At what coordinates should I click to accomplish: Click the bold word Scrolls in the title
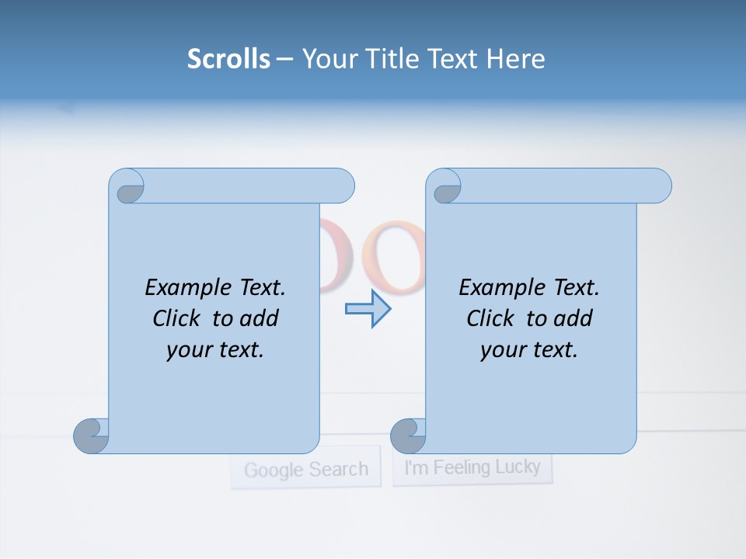click(228, 59)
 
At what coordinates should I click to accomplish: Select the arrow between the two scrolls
click(368, 308)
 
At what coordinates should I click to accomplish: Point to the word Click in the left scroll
click(179, 318)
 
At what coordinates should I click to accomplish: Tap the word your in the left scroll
click(188, 350)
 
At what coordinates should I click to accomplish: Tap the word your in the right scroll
click(502, 350)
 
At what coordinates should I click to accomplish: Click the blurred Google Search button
click(305, 469)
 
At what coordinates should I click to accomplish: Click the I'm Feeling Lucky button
click(472, 467)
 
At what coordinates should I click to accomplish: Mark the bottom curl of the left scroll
click(91, 436)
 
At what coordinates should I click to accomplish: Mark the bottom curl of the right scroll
click(408, 436)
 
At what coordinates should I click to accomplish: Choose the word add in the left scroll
click(259, 318)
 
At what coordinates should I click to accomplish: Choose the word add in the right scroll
click(573, 318)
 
